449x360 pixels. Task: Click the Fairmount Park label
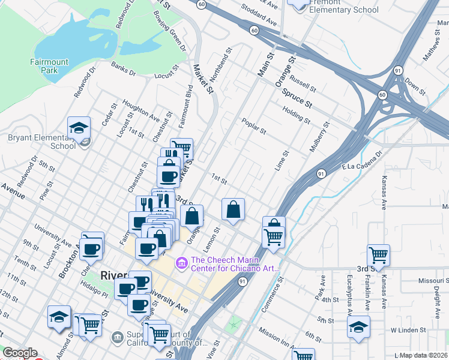pyautogui.click(x=49, y=66)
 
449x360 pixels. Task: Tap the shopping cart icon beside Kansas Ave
pyautogui.click(x=378, y=256)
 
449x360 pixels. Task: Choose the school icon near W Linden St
pyautogui.click(x=358, y=328)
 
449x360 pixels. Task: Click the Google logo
pyautogui.click(x=20, y=353)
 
